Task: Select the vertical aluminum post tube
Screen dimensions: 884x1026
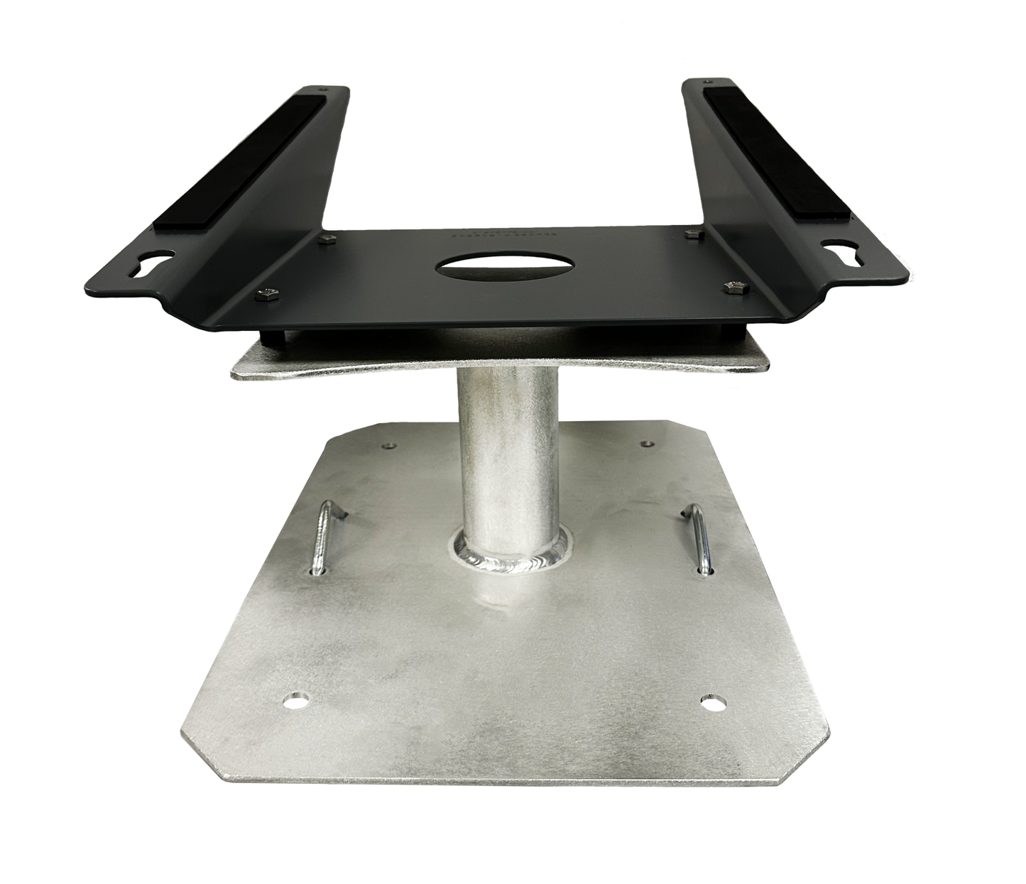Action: coord(491,454)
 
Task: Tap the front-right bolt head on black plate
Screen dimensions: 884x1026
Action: coord(733,287)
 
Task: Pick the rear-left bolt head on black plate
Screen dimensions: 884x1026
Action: coord(327,241)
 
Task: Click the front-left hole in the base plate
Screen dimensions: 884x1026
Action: coord(294,700)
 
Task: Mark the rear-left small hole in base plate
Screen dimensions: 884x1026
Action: coord(387,446)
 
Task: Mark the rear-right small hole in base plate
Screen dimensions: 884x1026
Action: coord(645,444)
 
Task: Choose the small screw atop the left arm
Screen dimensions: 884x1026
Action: coord(324,89)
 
